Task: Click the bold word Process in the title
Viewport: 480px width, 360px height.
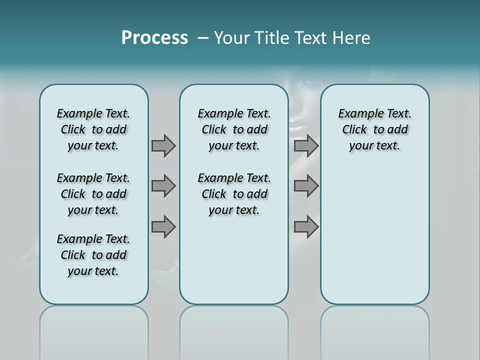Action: [154, 37]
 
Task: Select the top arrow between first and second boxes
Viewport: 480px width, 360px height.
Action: [163, 145]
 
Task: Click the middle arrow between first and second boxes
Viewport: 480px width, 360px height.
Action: [163, 186]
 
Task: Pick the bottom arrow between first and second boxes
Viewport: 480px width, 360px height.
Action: [163, 227]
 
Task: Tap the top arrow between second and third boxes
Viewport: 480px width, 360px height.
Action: [306, 145]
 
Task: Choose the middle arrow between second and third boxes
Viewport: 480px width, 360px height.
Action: [306, 186]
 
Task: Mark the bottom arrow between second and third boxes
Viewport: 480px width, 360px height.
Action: [306, 227]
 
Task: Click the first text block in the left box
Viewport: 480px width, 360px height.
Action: [93, 129]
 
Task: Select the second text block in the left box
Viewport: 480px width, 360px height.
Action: [93, 194]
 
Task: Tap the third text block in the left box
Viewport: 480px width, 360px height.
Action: [93, 255]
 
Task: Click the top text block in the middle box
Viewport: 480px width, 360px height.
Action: [234, 129]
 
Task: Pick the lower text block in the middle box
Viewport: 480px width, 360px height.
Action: [234, 194]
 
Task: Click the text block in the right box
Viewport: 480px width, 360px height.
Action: [375, 129]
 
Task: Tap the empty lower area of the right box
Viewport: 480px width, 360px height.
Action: [375, 235]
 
